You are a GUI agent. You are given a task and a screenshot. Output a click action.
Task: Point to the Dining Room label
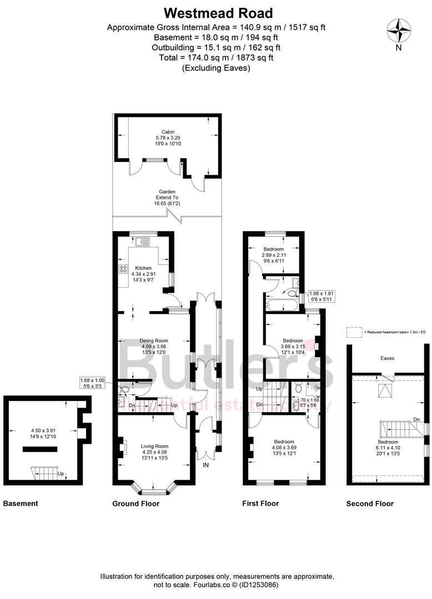pos(153,341)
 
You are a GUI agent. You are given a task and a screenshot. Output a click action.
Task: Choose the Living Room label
pos(154,446)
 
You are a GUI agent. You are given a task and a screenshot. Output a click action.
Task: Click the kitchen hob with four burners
pos(123,270)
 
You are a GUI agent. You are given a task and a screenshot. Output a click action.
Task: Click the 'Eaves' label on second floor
pos(387,358)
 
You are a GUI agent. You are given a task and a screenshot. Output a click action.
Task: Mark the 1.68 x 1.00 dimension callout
pos(96,383)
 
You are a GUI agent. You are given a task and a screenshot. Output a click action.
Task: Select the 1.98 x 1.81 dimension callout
pos(320,296)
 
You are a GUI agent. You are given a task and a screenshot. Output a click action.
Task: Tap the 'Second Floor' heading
pos(370,504)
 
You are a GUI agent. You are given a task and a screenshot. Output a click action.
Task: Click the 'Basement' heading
pos(21,504)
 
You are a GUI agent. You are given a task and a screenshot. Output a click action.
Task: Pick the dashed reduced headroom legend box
pos(354,332)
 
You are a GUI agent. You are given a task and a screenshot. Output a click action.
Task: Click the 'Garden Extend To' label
pos(167,197)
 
